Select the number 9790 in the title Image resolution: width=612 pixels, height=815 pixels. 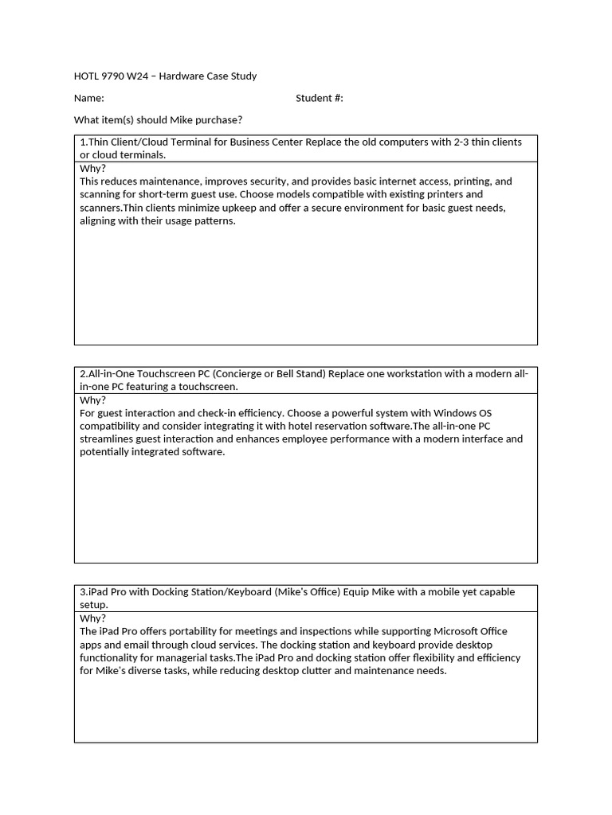tap(116, 76)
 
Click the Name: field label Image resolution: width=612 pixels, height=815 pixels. tap(89, 98)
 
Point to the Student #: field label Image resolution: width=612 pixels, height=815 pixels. tap(319, 98)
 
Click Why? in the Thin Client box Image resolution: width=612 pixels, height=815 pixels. tap(92, 168)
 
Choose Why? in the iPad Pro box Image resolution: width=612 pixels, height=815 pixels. tap(92, 618)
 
